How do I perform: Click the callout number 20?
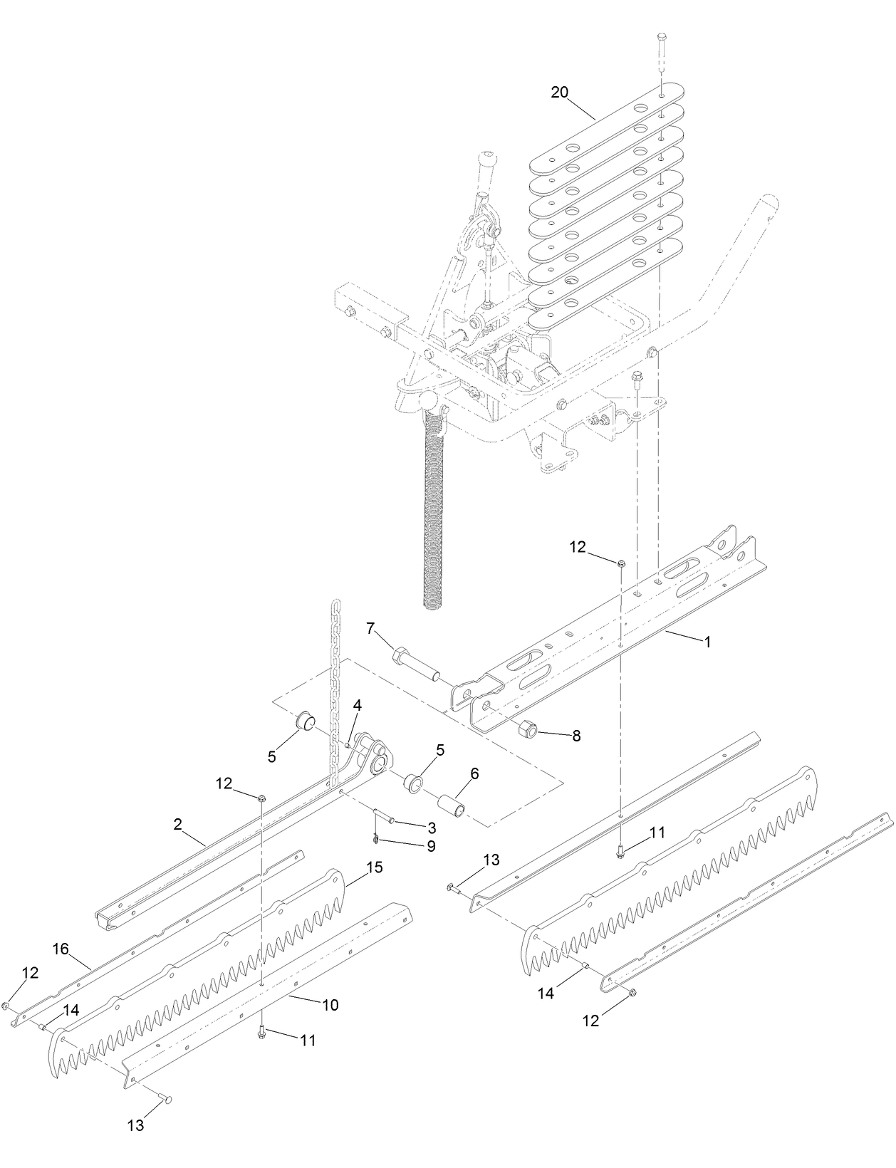coord(559,92)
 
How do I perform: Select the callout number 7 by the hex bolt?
coord(370,628)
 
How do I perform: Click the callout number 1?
coord(707,642)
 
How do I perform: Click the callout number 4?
coord(358,705)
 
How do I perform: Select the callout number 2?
coord(177,824)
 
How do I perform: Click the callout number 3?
coord(432,828)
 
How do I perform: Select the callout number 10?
coord(330,1005)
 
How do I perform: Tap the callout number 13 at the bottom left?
coord(135,1126)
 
